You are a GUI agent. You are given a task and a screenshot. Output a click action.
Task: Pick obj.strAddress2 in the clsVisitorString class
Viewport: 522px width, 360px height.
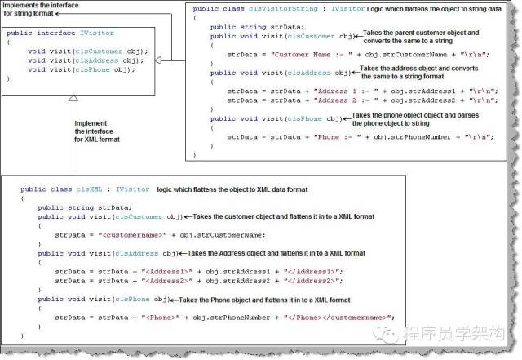click(x=391, y=100)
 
